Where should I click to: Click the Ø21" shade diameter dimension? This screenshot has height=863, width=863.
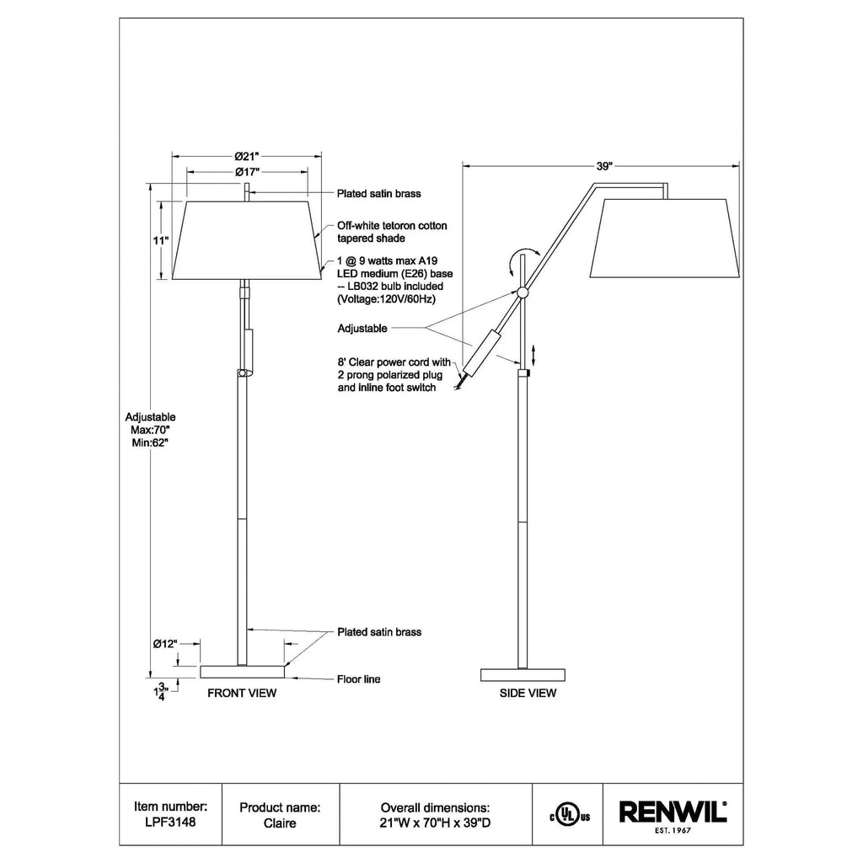247,156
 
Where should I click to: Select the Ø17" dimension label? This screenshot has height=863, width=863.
247,172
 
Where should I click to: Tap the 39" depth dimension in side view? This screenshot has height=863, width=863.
604,166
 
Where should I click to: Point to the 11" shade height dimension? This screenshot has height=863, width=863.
161,240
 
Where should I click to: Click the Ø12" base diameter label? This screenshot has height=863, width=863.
165,643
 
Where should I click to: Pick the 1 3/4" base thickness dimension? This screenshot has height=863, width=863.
160,691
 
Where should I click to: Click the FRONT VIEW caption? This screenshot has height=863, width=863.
242,693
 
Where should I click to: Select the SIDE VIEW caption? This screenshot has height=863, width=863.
528,693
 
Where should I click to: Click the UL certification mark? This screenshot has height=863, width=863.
570,815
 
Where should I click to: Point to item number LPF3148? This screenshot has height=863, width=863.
170,823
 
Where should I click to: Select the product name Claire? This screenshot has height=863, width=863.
280,823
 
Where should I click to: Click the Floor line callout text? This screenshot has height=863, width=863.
358,679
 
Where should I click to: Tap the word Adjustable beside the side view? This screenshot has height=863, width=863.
362,329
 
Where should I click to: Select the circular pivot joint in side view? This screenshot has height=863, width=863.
523,292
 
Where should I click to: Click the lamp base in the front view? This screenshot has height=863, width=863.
242,672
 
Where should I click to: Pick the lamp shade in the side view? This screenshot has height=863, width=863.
665,238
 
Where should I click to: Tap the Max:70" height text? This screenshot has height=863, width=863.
150,430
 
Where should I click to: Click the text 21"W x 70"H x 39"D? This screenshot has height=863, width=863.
435,823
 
